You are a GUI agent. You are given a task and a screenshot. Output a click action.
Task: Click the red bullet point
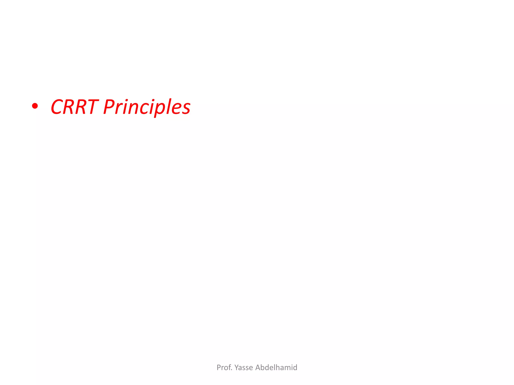coord(35,106)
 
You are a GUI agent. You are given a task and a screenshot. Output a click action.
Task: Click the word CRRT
coord(74,107)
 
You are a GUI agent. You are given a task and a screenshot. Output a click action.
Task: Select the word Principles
coord(147,108)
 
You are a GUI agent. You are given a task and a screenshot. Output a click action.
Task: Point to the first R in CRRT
coord(70,107)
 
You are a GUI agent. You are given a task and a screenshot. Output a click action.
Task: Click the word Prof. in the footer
coord(224,367)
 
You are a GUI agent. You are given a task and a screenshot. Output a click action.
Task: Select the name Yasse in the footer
coord(243,367)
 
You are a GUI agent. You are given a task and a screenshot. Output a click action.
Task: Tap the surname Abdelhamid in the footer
coord(276,367)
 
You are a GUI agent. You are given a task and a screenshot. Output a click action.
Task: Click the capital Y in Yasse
coord(237,367)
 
